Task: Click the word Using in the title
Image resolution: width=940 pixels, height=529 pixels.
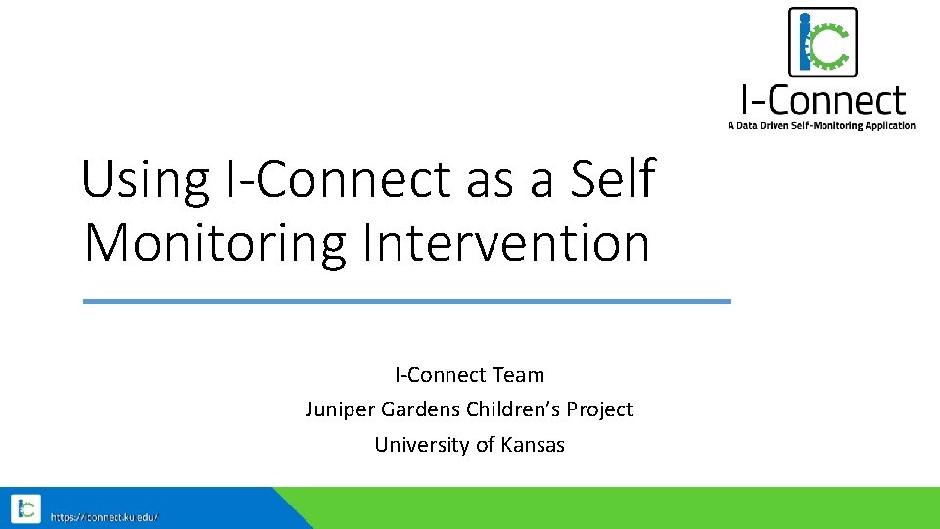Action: click(145, 180)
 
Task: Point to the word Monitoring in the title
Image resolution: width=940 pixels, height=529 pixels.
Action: click(215, 243)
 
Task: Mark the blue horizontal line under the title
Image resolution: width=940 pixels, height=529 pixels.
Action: click(406, 301)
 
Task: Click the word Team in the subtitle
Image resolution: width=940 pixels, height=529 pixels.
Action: click(520, 375)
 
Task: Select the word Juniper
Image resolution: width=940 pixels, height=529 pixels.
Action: click(336, 409)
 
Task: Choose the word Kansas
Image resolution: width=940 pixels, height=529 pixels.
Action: click(533, 445)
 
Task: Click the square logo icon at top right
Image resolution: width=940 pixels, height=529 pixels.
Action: click(822, 42)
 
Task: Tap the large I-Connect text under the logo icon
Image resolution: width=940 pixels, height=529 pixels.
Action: click(822, 99)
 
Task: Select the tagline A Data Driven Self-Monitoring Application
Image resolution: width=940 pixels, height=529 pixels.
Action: click(822, 125)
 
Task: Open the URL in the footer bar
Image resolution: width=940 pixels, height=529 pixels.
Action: click(104, 516)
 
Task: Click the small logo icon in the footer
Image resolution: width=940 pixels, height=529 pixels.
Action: click(25, 508)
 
